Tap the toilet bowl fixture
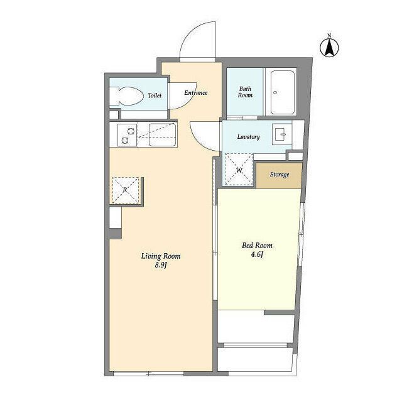[x=126, y=96]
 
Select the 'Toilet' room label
[x=155, y=95]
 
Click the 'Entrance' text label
[x=196, y=92]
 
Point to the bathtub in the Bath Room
[x=282, y=92]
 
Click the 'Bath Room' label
[x=245, y=92]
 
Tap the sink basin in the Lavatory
[x=282, y=134]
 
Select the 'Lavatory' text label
[x=249, y=137]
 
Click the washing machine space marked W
[x=239, y=170]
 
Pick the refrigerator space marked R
[x=126, y=190]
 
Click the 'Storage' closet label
[x=280, y=175]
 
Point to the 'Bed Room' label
[x=257, y=246]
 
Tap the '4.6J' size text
[x=257, y=254]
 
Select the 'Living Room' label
[x=161, y=256]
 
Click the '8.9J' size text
[x=161, y=265]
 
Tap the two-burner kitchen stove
[x=128, y=135]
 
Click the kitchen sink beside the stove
[x=162, y=135]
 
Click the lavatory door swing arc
[x=199, y=142]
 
